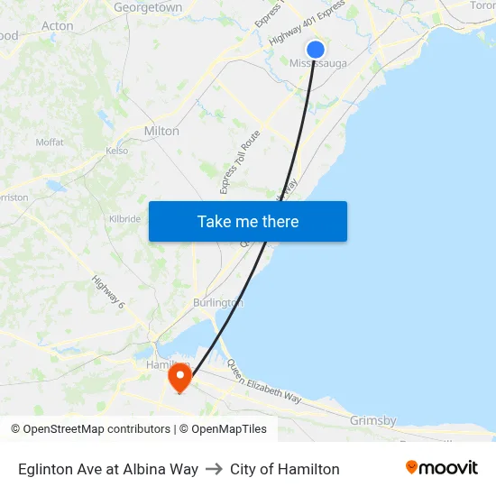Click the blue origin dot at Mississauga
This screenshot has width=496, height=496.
click(x=316, y=50)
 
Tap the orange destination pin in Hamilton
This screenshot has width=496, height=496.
click(x=180, y=376)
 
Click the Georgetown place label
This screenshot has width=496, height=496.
click(x=148, y=7)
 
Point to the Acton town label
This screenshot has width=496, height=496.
click(x=58, y=26)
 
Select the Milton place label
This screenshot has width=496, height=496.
click(x=161, y=131)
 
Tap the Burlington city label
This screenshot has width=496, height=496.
click(x=217, y=303)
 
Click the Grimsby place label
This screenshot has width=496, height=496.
click(x=373, y=420)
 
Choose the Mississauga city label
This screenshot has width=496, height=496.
click(x=317, y=63)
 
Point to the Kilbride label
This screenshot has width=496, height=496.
click(x=124, y=219)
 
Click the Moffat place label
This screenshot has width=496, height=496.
click(x=50, y=142)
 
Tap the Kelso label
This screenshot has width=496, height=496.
click(x=116, y=151)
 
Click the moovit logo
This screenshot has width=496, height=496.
click(x=441, y=468)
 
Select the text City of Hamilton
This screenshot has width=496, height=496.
click(x=285, y=469)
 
